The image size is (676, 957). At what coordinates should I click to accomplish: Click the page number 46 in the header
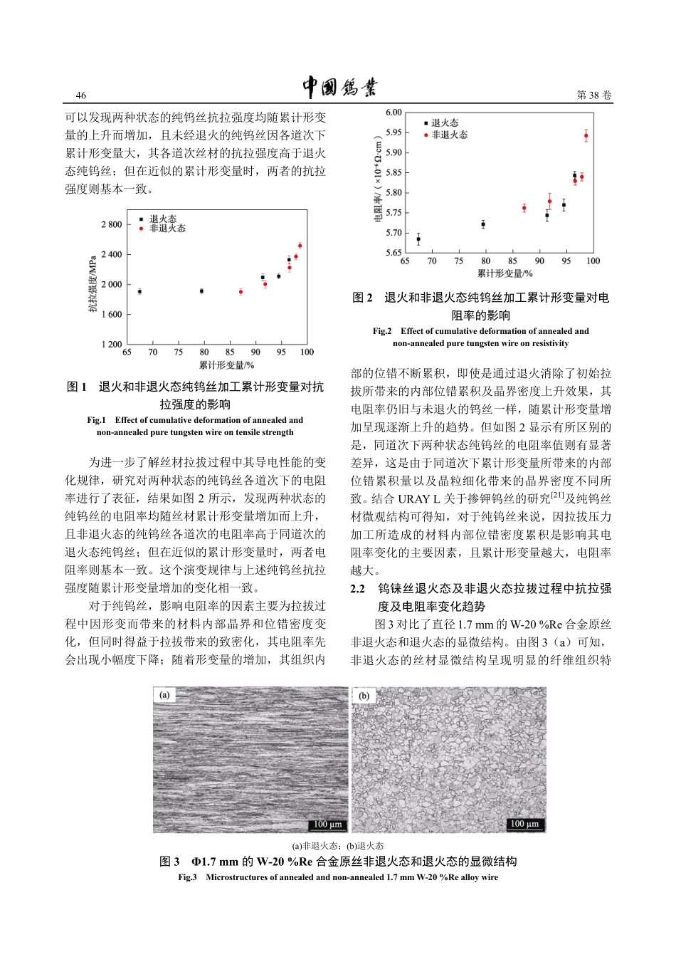[81, 95]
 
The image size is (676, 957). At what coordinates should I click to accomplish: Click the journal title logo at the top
[339, 87]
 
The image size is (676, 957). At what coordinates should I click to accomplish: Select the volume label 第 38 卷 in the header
[593, 95]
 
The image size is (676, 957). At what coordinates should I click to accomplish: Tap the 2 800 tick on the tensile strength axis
[112, 225]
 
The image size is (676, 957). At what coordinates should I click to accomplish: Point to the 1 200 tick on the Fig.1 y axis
[112, 345]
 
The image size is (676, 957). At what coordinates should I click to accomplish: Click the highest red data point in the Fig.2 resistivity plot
[586, 135]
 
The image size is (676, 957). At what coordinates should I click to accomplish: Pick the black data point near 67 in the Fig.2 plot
[418, 239]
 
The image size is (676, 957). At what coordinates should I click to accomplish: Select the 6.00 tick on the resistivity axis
[394, 113]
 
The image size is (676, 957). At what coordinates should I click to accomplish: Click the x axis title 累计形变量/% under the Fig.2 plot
[505, 273]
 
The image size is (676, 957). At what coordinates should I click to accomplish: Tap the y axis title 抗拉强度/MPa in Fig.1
[93, 284]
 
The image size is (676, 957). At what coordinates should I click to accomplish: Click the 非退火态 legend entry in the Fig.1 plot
[167, 229]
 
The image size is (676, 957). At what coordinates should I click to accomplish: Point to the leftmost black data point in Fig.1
[139, 291]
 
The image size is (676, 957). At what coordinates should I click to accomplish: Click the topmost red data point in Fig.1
[300, 246]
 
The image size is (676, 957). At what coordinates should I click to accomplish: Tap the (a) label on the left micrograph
[165, 695]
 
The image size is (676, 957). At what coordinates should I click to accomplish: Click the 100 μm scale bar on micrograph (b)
[525, 824]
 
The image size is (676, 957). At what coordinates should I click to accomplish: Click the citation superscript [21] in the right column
[557, 496]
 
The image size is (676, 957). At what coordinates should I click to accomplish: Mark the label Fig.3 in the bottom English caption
[187, 877]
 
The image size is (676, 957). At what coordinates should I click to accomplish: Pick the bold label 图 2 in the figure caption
[362, 298]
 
